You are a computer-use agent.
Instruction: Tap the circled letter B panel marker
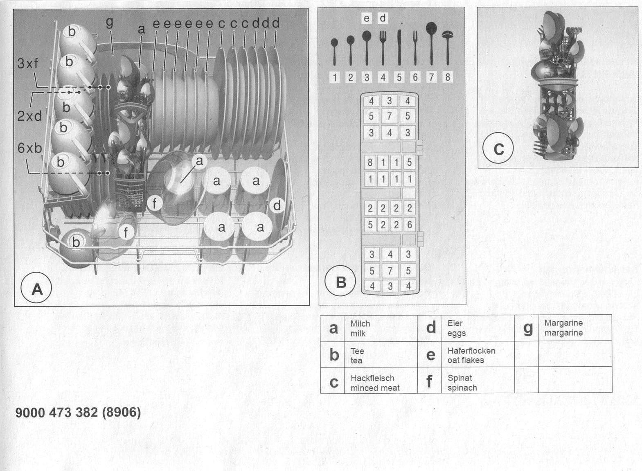pyautogui.click(x=340, y=281)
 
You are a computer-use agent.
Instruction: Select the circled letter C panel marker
pyautogui.click(x=498, y=148)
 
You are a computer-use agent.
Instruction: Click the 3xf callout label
pyautogui.click(x=27, y=63)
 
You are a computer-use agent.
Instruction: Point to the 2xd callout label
pyautogui.click(x=29, y=116)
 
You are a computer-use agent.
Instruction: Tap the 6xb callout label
pyautogui.click(x=30, y=148)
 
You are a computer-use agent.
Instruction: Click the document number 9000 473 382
pyautogui.click(x=57, y=412)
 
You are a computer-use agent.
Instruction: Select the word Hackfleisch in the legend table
pyautogui.click(x=372, y=378)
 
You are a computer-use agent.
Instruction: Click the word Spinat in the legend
pyautogui.click(x=460, y=378)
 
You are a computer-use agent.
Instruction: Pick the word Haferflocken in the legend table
pyautogui.click(x=471, y=351)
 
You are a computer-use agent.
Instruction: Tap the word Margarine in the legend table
pyautogui.click(x=563, y=323)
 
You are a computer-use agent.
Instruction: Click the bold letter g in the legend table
pyautogui.click(x=528, y=329)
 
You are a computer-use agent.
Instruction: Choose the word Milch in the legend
pyautogui.click(x=360, y=324)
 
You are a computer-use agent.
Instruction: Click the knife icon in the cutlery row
pyautogui.click(x=399, y=47)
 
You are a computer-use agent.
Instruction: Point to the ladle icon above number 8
pyautogui.click(x=447, y=47)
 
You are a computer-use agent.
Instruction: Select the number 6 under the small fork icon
pyautogui.click(x=415, y=77)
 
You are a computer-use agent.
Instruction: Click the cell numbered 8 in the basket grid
pyautogui.click(x=370, y=162)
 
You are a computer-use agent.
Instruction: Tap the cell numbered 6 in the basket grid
pyautogui.click(x=410, y=225)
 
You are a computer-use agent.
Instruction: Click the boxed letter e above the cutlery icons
pyautogui.click(x=366, y=18)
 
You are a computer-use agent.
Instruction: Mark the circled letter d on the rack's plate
pyautogui.click(x=277, y=205)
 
